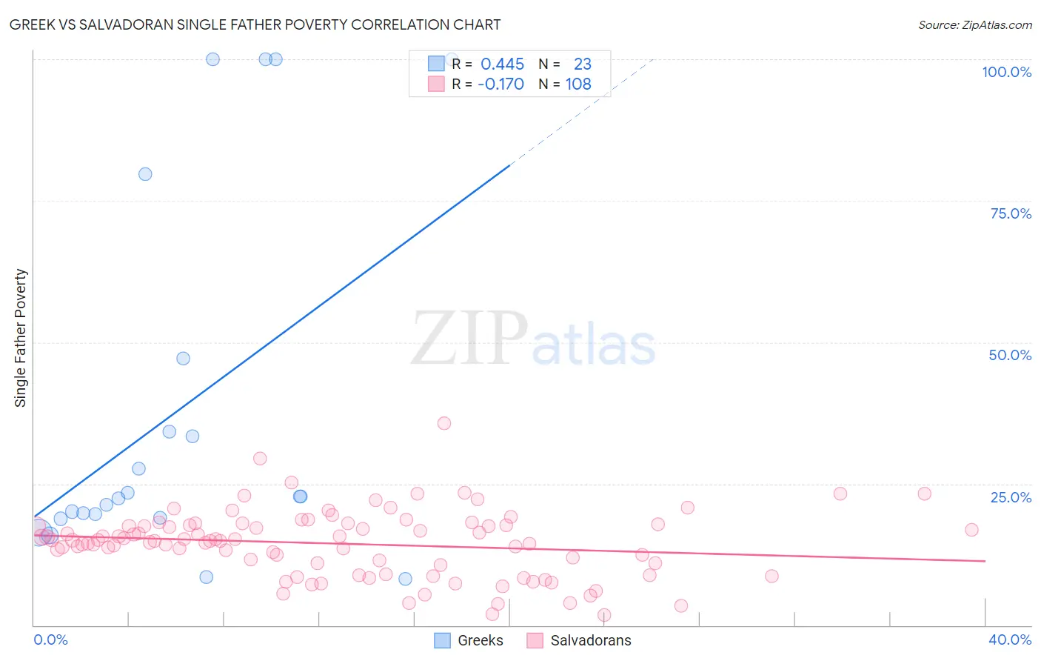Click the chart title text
click(x=255, y=24)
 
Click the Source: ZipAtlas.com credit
click(x=974, y=24)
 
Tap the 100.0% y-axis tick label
click(x=1006, y=72)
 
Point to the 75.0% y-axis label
click(x=1011, y=213)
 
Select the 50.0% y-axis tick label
click(x=1010, y=355)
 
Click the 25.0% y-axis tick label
click(x=1011, y=497)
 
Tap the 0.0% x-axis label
click(x=50, y=640)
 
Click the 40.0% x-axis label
click(x=1009, y=640)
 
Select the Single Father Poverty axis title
click(x=20, y=338)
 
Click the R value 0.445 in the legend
click(x=502, y=64)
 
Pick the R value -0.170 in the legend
click(x=501, y=84)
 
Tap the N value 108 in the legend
click(x=578, y=84)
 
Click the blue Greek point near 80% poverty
click(x=145, y=174)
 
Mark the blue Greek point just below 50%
click(x=183, y=359)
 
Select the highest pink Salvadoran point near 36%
click(x=444, y=423)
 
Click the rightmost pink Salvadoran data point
click(x=971, y=530)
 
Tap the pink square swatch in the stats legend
click(x=436, y=84)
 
